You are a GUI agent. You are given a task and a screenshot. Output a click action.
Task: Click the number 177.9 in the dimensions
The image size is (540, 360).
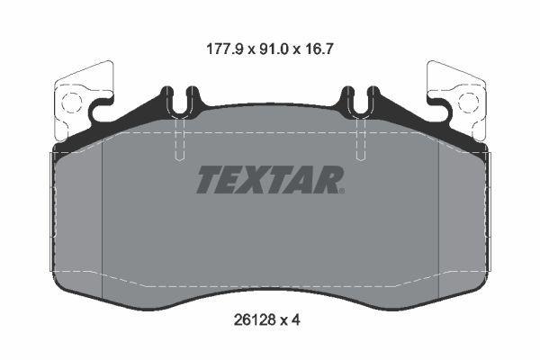(225, 49)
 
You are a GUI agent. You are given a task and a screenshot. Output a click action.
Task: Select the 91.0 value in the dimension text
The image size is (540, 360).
(273, 49)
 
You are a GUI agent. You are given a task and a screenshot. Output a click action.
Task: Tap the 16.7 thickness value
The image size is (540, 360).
(318, 49)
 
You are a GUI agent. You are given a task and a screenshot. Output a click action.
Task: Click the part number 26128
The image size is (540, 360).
(255, 320)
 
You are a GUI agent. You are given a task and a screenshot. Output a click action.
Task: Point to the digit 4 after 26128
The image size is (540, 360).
(296, 320)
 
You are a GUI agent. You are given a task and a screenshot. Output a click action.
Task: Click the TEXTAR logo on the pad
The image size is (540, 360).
(270, 179)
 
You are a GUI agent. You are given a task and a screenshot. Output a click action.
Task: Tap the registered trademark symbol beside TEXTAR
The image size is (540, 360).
(342, 191)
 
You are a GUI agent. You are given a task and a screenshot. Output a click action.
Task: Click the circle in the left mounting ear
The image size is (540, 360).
(72, 103)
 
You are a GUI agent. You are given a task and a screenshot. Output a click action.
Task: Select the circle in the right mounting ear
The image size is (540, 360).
(468, 103)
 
